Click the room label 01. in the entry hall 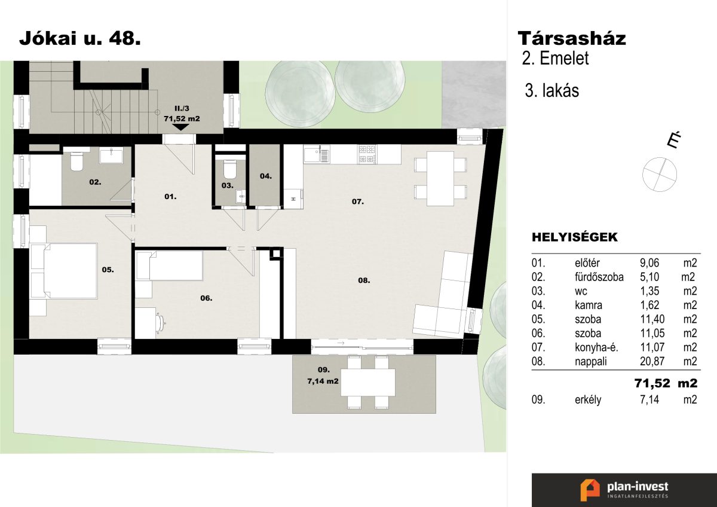170,197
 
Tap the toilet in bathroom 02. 77,160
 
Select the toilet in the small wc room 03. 229,169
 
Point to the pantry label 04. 266,176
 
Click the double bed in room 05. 63,271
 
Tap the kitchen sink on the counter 317,155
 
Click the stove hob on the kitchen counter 367,154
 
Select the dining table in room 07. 440,178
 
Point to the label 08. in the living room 364,280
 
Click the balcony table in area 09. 368,383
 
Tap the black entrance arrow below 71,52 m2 181,127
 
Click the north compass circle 660,175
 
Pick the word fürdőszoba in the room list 599,277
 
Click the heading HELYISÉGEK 575,237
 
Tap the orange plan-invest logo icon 590,490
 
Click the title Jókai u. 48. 80,38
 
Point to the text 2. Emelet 555,58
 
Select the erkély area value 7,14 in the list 649,400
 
